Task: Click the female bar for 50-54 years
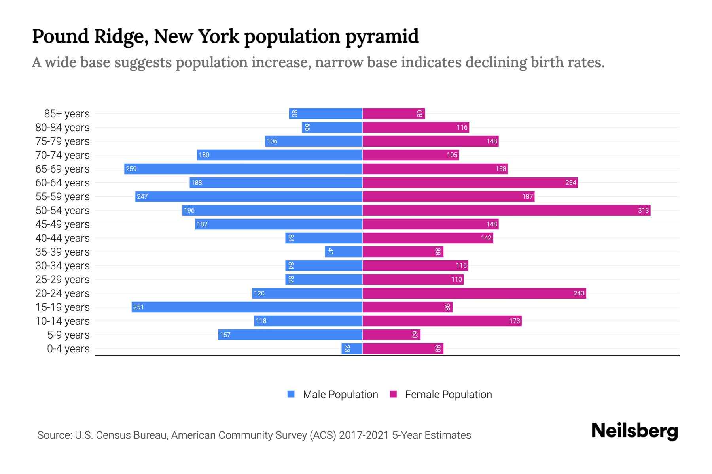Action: pos(506,210)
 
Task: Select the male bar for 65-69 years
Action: pos(243,169)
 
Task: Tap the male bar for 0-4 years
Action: pos(352,348)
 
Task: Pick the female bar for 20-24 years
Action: pos(474,293)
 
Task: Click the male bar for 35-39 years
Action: pos(344,252)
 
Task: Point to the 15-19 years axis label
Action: pos(62,307)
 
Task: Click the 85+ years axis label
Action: pos(67,114)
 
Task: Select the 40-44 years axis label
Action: pos(62,238)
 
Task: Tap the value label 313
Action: pos(643,210)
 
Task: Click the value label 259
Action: pos(131,169)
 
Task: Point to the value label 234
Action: pos(570,182)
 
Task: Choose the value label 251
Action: pos(138,307)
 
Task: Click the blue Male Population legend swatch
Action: pos(291,394)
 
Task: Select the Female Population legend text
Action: pos(448,395)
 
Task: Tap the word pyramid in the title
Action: pos(382,37)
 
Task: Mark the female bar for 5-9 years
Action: pos(391,335)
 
